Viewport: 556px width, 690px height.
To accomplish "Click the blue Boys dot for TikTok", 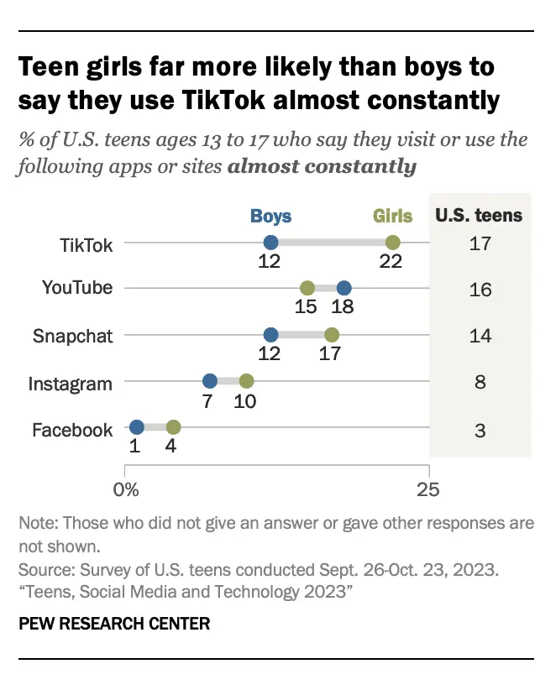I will (270, 243).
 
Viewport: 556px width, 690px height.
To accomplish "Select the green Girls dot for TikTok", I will (392, 243).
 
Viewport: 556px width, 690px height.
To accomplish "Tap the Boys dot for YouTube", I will (344, 288).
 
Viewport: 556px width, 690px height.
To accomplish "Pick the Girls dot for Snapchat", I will (332, 335).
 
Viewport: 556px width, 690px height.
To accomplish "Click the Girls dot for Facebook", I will (173, 427).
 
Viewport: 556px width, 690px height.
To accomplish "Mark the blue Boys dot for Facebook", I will (137, 427).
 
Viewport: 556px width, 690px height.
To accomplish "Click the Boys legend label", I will (270, 216).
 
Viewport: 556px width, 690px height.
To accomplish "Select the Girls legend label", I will (393, 216).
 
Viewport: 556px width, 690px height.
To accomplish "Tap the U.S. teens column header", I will (479, 215).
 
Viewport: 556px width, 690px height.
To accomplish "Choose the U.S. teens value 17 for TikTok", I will (480, 244).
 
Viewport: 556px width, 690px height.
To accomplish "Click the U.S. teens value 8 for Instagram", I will (480, 384).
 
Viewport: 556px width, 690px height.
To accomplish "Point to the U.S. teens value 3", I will (480, 430).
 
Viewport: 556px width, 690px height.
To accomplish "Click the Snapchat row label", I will (72, 336).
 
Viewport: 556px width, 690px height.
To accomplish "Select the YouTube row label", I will (77, 289).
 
